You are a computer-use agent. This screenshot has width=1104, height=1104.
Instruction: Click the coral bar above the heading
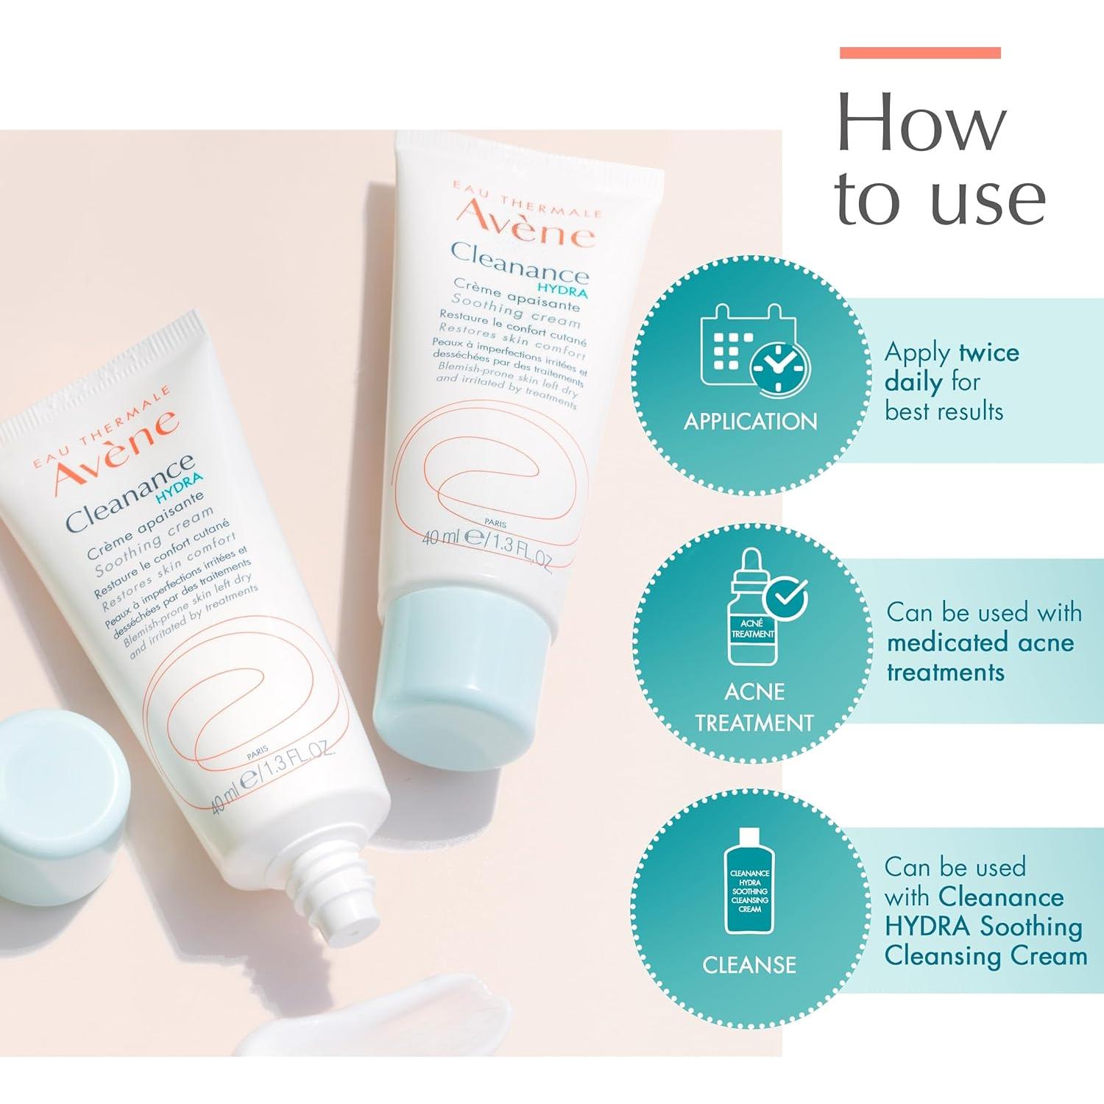click(920, 52)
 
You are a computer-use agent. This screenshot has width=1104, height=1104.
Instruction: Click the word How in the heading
click(921, 123)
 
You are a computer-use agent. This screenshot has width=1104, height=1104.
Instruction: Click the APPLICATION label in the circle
click(750, 422)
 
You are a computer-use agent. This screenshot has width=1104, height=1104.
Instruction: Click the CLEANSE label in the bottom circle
click(749, 965)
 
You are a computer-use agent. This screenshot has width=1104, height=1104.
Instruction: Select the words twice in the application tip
click(988, 353)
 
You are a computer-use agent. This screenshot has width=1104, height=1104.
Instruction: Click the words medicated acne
click(980, 643)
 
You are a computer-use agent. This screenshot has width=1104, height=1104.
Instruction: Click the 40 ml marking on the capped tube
click(440, 537)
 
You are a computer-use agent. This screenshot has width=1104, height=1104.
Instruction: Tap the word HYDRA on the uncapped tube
click(180, 487)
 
